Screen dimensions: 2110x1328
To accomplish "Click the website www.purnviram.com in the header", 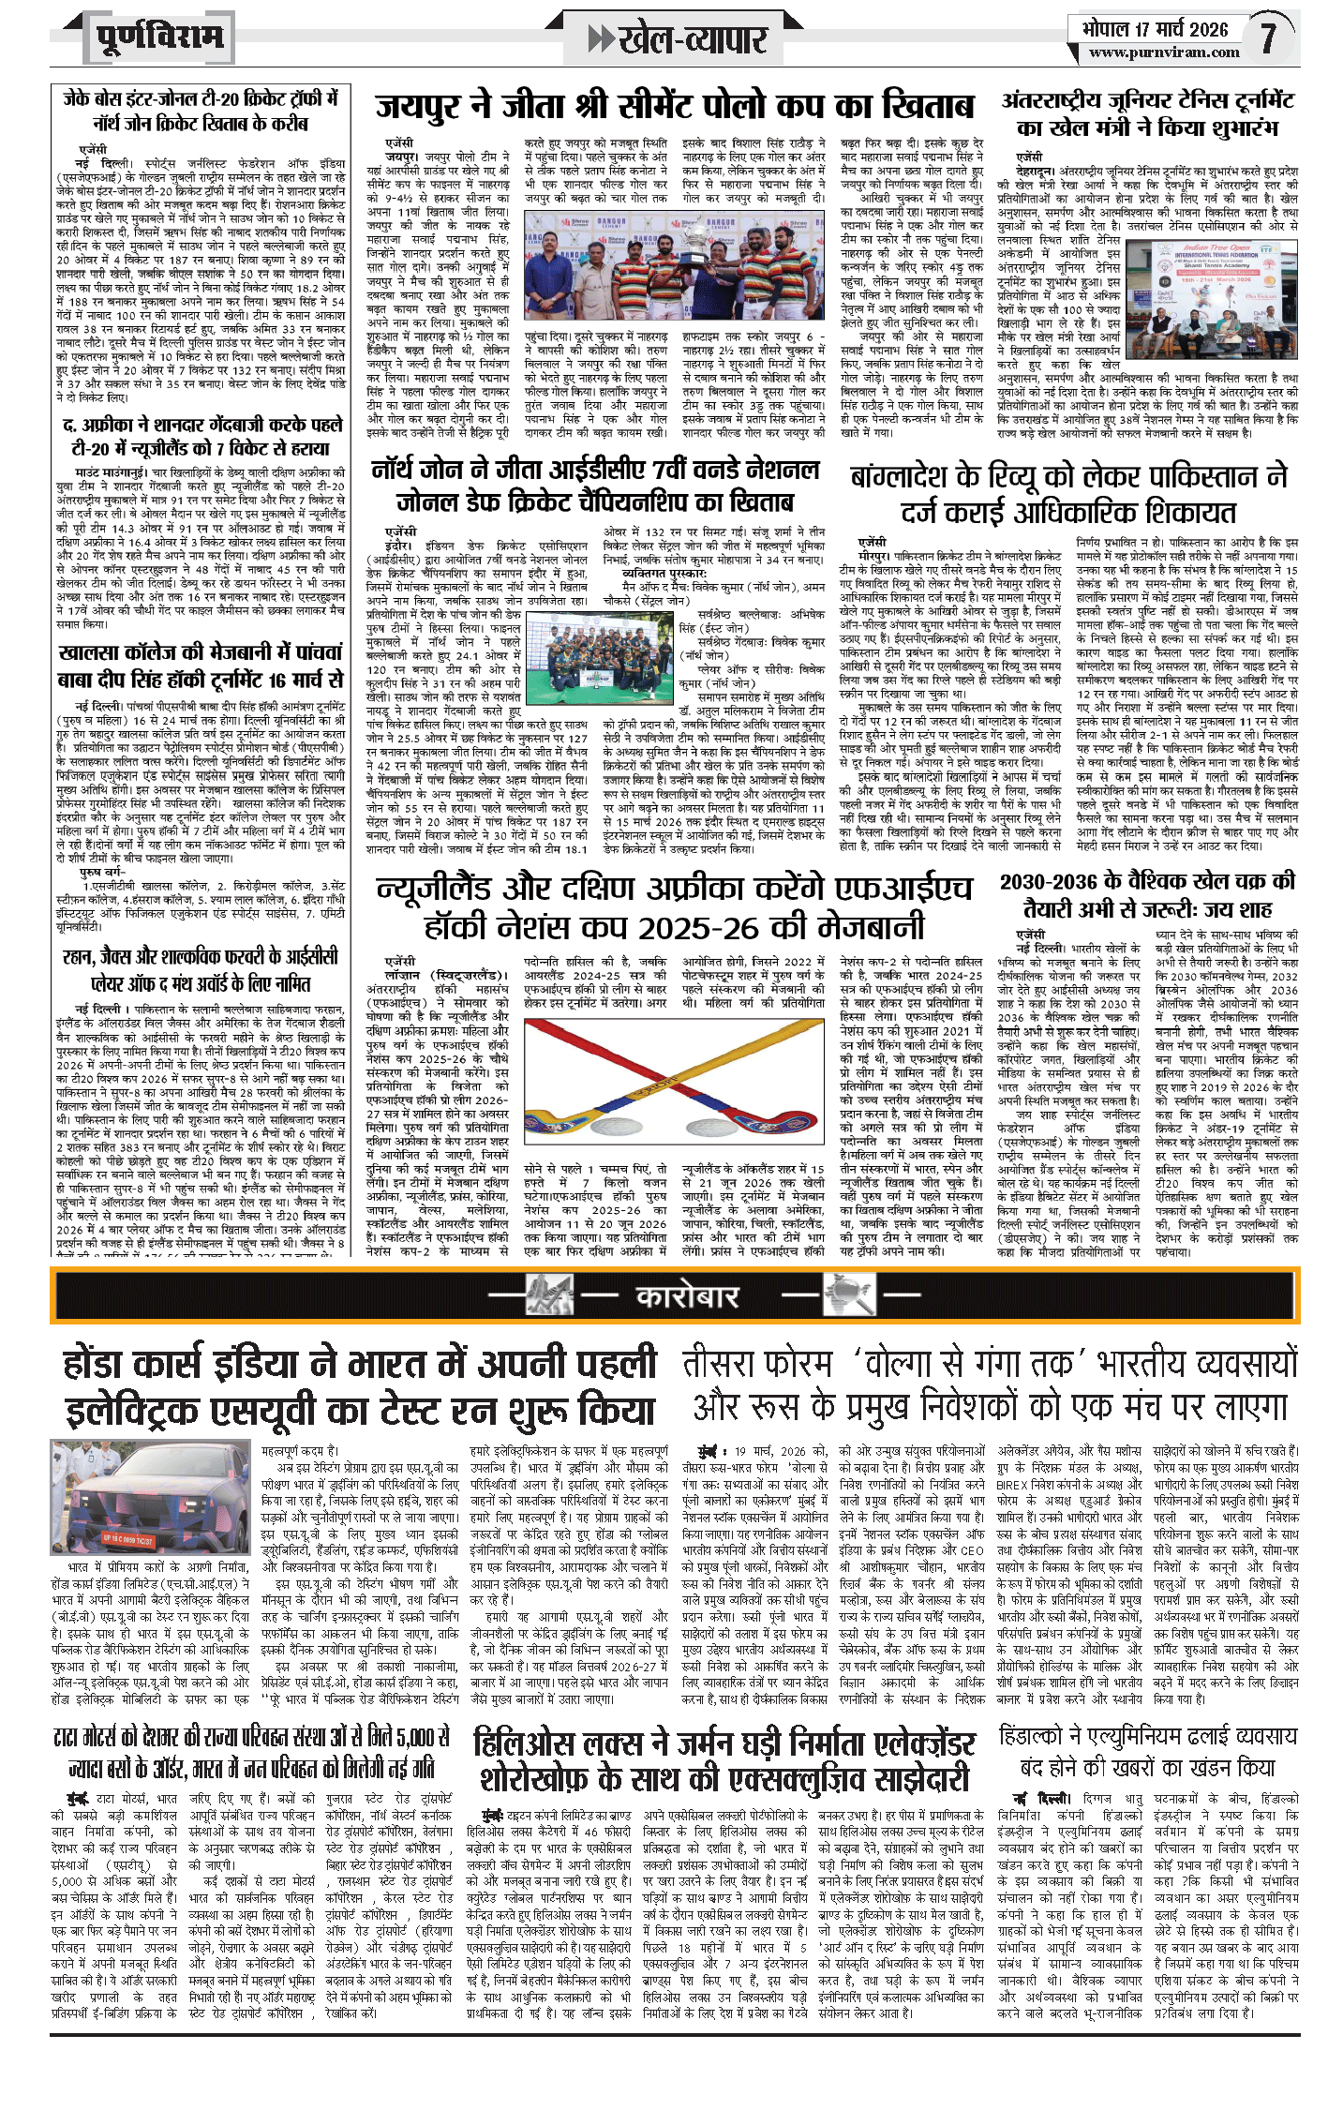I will point(1164,52).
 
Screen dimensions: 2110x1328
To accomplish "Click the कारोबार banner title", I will point(687,1296).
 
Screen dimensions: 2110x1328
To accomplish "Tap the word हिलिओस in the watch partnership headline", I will point(527,1744).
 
